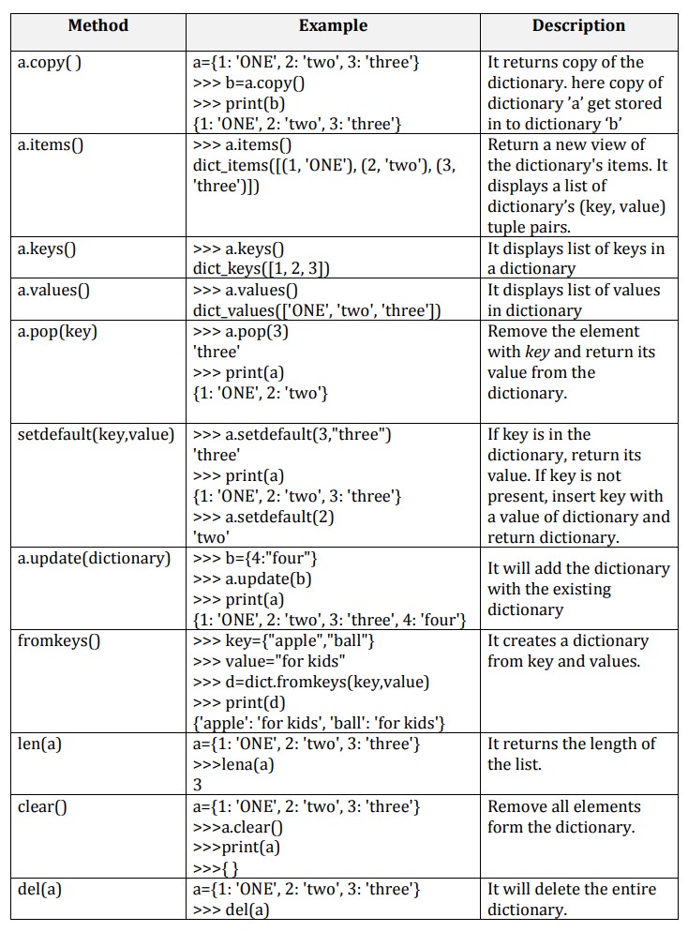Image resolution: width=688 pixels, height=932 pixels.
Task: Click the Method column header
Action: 97,26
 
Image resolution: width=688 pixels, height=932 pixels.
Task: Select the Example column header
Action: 333,26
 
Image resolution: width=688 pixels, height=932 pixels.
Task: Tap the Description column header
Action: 578,26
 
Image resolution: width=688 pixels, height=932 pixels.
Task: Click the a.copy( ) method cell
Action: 56,63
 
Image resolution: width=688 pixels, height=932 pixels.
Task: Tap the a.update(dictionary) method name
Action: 95,558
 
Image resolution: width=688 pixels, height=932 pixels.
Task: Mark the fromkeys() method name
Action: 59,640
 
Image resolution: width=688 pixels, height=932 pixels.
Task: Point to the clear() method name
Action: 43,806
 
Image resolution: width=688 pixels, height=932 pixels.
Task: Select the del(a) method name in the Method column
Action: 40,889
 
